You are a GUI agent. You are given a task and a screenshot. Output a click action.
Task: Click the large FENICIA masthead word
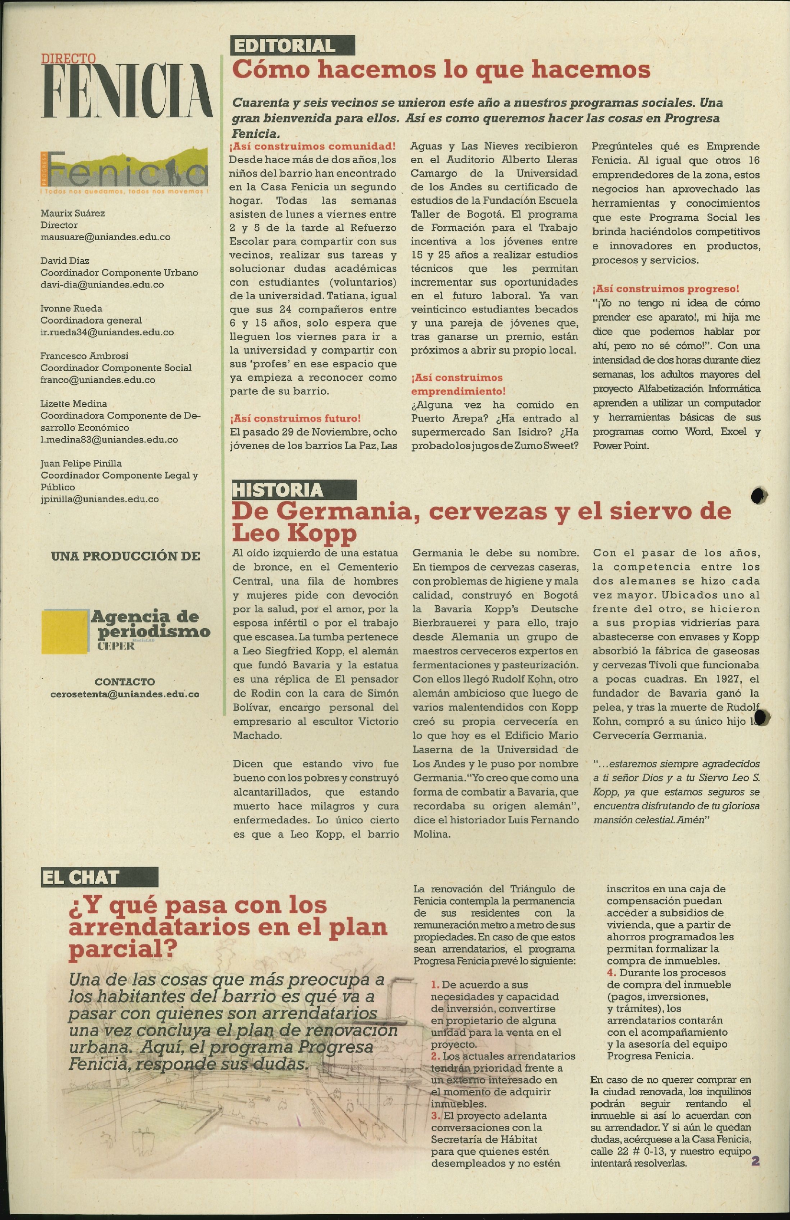pos(127,91)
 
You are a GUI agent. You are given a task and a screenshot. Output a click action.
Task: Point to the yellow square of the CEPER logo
pos(65,631)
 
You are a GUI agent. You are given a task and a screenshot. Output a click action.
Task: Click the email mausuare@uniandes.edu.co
pos(105,237)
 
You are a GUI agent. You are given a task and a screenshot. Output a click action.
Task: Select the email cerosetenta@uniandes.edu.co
pos(124,694)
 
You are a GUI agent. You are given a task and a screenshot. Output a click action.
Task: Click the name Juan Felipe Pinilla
pos(81,464)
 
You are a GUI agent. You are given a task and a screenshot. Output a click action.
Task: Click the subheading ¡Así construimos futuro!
pos(295,418)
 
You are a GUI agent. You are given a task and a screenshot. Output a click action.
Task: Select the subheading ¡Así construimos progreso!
pos(666,288)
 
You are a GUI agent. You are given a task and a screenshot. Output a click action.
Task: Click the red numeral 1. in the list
pos(436,985)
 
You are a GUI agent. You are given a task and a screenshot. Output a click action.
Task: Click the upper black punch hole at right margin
pos(759,495)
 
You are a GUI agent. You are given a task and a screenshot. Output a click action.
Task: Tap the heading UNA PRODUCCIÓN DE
pos(125,556)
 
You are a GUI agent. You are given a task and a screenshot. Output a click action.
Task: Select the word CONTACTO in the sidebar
pos(124,682)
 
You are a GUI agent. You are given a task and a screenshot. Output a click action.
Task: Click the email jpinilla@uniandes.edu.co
pos(100,499)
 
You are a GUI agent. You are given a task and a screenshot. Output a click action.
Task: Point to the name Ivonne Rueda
pos(71,308)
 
